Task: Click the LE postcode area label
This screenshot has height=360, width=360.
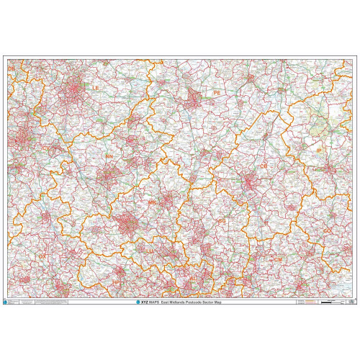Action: click(x=95, y=88)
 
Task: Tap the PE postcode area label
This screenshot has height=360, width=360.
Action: click(x=217, y=93)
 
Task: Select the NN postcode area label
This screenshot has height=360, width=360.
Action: click(x=109, y=156)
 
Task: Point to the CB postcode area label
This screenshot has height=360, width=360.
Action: click(x=263, y=166)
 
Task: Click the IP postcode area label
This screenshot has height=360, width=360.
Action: click(x=319, y=150)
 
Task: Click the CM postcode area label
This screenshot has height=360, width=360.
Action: click(x=278, y=257)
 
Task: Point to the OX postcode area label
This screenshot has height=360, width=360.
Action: click(x=42, y=256)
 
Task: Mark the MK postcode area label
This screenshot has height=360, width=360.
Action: click(x=151, y=204)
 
